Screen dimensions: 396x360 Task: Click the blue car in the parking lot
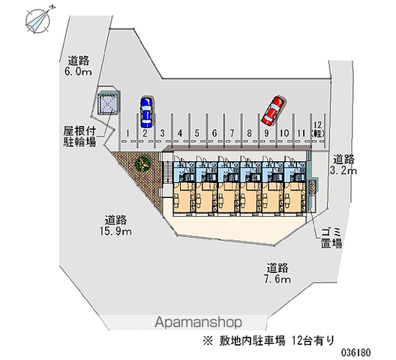point(146,112)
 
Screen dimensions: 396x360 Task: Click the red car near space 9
point(273,111)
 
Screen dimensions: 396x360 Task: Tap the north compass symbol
point(38,19)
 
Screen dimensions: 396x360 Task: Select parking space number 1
point(128,133)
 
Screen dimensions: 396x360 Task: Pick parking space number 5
point(197,133)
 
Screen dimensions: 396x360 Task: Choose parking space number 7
point(232,133)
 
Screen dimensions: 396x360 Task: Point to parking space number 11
point(301,133)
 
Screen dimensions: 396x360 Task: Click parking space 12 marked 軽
point(318,129)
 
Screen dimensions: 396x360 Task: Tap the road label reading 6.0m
point(78,66)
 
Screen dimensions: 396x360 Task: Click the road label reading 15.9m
point(115,226)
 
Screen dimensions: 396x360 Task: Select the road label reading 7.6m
point(277,273)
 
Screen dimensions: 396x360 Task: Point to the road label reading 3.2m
point(343,165)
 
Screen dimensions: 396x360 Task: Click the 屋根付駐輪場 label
point(79,136)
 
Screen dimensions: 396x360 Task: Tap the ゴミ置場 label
point(331,238)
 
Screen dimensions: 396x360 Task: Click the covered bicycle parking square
point(108,103)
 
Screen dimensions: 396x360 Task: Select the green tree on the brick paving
point(143,164)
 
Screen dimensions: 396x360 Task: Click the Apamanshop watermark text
point(198,322)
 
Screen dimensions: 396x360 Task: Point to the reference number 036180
point(356,352)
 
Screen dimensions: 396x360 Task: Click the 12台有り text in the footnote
point(313,340)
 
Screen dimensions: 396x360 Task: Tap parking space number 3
point(163,133)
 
